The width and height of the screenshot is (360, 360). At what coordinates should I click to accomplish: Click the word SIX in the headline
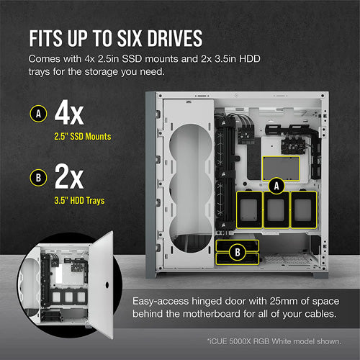[x=130, y=38]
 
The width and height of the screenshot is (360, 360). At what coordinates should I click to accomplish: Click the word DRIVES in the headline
[x=175, y=38]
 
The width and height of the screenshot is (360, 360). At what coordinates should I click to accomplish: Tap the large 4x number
[x=69, y=112]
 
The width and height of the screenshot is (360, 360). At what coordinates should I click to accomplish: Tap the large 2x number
[x=69, y=176]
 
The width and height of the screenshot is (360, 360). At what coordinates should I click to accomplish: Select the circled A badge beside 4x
[x=38, y=114]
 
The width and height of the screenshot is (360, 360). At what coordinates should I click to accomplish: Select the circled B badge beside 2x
[x=38, y=178]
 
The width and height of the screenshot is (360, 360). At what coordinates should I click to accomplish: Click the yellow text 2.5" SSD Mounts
[x=83, y=137]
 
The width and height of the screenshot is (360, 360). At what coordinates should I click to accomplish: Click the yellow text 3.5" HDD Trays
[x=79, y=201]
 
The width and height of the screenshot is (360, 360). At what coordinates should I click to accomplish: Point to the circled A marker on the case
[x=276, y=186]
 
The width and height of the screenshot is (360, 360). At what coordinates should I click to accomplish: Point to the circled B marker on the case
[x=238, y=252]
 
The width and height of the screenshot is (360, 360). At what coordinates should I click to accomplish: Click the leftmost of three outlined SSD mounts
[x=249, y=210]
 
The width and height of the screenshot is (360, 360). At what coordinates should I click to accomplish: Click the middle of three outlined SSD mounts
[x=276, y=210]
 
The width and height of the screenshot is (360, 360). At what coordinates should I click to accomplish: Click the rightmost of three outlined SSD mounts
[x=304, y=210]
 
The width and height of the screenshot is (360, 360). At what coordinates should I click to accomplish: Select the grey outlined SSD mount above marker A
[x=281, y=168]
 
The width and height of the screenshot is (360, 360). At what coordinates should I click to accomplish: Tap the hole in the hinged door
[x=107, y=285]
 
